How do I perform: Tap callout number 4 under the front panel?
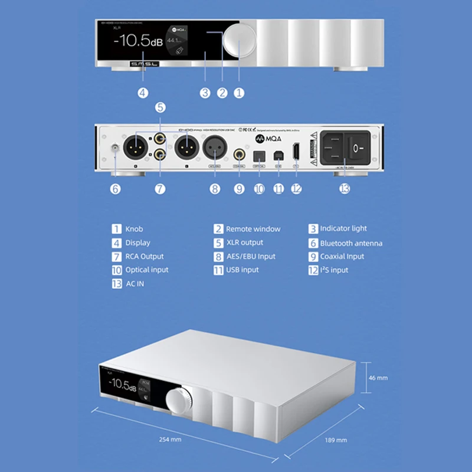pos(143,93)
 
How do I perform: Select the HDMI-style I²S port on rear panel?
pos(296,152)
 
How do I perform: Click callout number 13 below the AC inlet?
pos(345,189)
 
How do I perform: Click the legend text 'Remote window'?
pos(253,229)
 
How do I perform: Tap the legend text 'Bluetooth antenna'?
pos(351,243)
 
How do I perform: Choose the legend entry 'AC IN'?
pos(135,284)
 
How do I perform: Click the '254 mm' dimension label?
pos(171,439)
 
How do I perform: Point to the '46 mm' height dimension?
pos(378,377)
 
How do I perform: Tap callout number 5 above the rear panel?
pos(160,107)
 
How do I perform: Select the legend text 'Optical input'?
pos(146,270)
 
